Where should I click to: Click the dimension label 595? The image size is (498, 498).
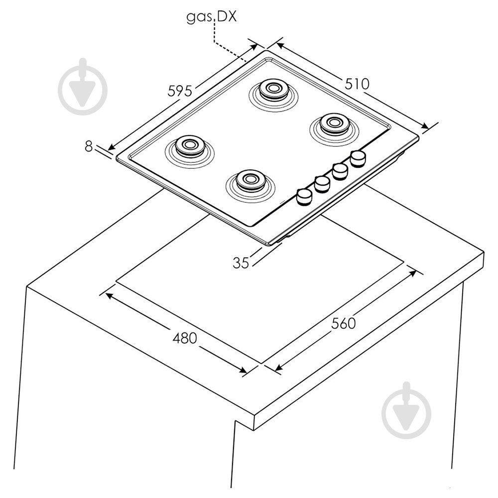click(x=180, y=91)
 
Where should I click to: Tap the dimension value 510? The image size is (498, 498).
click(x=357, y=84)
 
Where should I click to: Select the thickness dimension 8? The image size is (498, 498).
click(x=89, y=146)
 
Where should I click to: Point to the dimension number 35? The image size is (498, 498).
click(x=241, y=263)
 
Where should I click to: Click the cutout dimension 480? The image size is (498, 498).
click(x=185, y=338)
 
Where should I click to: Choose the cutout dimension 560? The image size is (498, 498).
click(x=343, y=323)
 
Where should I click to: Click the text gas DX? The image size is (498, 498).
click(x=212, y=16)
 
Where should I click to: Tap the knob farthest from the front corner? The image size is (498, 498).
click(x=358, y=158)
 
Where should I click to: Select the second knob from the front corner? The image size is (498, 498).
click(x=322, y=184)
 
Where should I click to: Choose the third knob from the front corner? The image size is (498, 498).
click(x=340, y=171)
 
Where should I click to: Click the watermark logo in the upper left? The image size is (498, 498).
click(x=83, y=87)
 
